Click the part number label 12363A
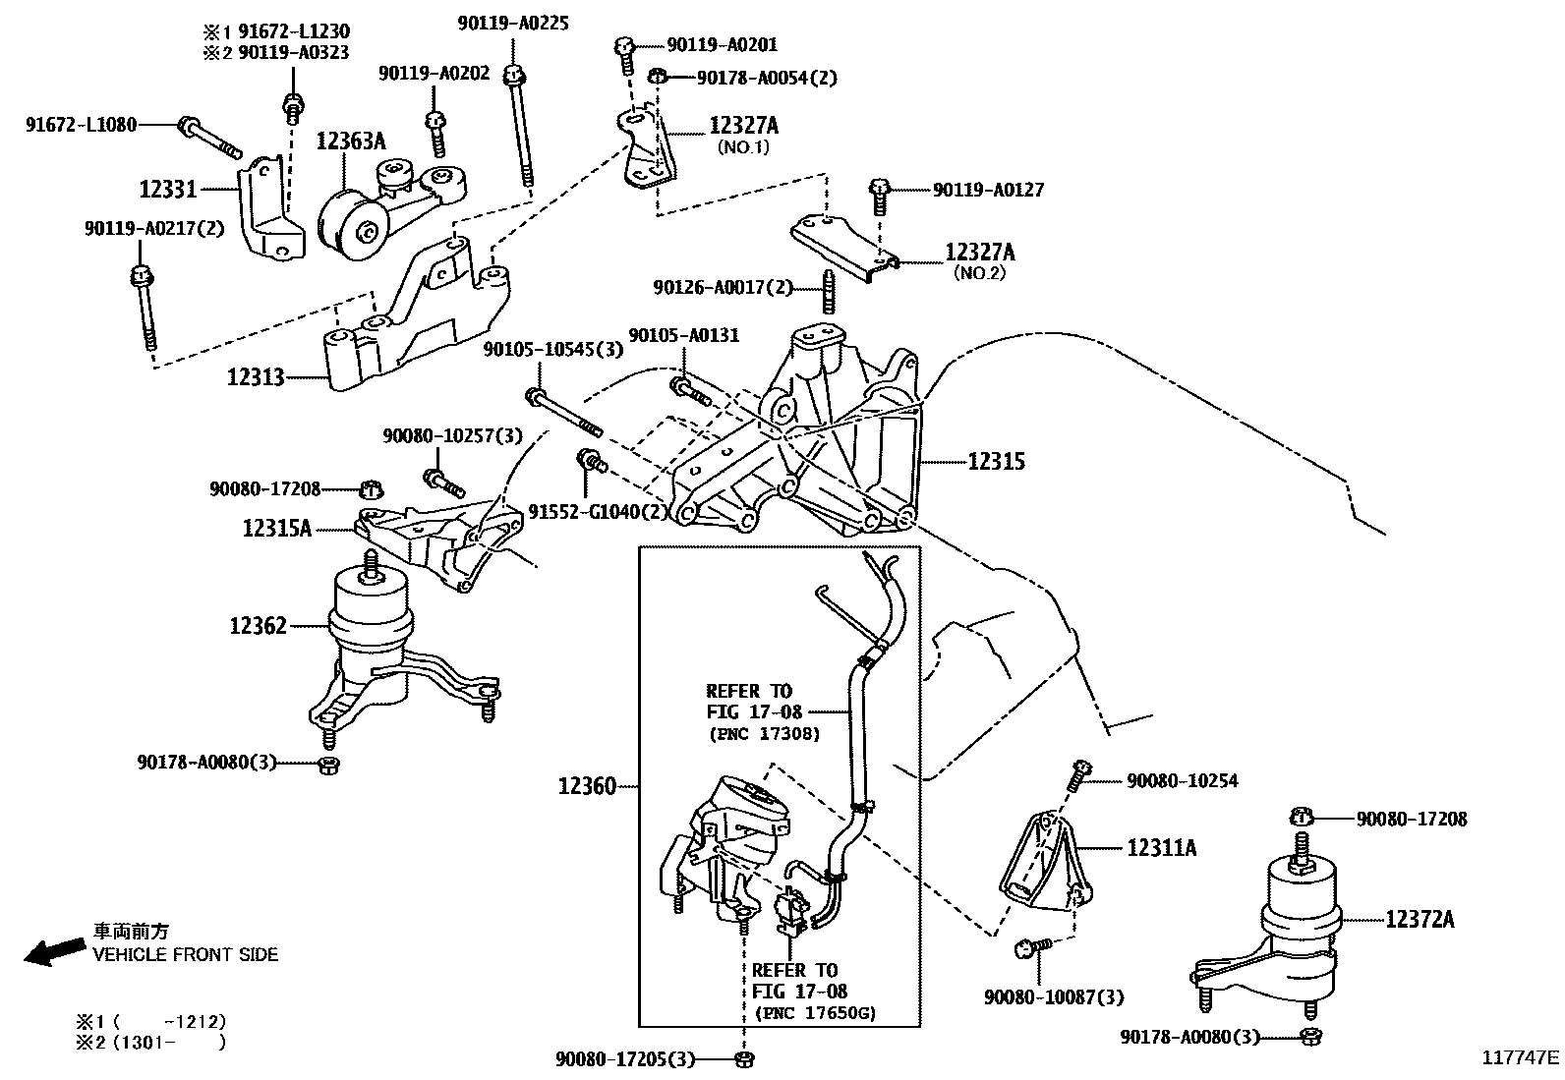pos(350,142)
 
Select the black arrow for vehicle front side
pos(54,950)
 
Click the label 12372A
pos(1420,920)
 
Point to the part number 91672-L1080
pos(81,125)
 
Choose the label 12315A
pos(277,529)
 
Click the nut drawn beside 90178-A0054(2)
pos(661,77)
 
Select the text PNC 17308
pos(764,734)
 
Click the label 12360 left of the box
pos(587,786)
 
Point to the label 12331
pos(168,188)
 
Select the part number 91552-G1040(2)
pos(598,512)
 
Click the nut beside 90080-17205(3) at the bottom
pos(744,1058)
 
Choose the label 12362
pos(258,626)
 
